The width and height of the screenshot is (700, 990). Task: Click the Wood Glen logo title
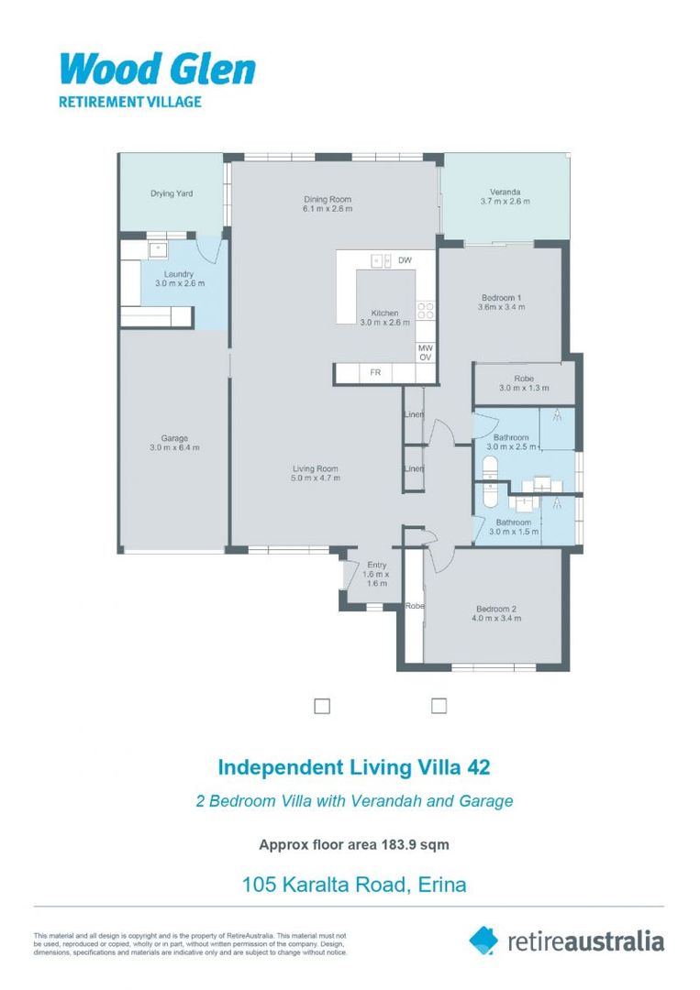point(158,70)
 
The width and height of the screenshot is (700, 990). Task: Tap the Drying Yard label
point(172,193)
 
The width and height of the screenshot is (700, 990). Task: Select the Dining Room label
point(328,200)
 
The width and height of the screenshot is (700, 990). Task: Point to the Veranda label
point(505,192)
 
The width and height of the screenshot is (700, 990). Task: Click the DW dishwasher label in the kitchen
point(405,260)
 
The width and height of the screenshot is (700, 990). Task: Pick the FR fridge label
point(375,372)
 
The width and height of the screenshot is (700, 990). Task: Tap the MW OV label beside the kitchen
point(426,353)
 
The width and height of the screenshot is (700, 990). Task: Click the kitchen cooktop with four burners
point(425,310)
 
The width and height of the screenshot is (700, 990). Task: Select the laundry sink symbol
point(157,249)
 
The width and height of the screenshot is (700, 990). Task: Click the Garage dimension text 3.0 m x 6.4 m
point(174,447)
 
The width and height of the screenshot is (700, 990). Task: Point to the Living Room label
point(316,469)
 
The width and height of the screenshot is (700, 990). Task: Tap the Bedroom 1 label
point(502,298)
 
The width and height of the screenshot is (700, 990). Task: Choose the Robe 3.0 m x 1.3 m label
point(524,383)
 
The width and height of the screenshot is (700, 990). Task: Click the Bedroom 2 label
point(496,610)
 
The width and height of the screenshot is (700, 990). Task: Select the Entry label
point(376,565)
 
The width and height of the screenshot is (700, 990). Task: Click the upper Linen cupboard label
point(414,415)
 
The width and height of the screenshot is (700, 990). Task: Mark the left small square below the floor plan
point(322,706)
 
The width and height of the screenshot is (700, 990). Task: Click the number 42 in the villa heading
point(478,767)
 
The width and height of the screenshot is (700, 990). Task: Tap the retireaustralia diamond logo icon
point(483,940)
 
